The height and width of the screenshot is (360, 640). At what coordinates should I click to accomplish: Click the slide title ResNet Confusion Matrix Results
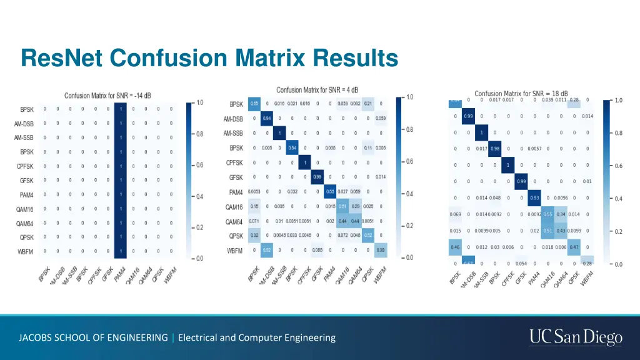point(209,58)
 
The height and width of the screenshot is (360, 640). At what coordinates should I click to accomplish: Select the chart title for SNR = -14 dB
point(107,96)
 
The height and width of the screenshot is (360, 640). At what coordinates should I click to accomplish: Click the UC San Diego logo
point(576,337)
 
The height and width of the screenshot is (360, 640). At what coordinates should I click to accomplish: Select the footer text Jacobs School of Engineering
point(93,337)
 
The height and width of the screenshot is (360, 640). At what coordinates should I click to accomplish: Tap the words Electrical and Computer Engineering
point(257,337)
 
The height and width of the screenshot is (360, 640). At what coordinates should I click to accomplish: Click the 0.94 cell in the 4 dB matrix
point(267,118)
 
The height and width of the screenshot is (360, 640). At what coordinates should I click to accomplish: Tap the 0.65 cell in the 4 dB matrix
point(254,104)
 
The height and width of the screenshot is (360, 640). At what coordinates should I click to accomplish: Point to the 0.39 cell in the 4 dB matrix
point(381,250)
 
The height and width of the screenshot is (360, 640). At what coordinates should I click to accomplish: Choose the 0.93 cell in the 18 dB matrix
point(534,197)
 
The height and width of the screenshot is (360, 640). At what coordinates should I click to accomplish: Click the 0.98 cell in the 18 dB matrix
point(495,149)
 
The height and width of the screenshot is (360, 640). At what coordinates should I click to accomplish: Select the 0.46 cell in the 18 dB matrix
point(455,247)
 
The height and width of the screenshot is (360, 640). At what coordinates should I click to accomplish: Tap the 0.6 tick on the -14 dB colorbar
point(199,165)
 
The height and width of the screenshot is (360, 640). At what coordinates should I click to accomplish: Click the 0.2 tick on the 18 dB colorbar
point(617,232)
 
